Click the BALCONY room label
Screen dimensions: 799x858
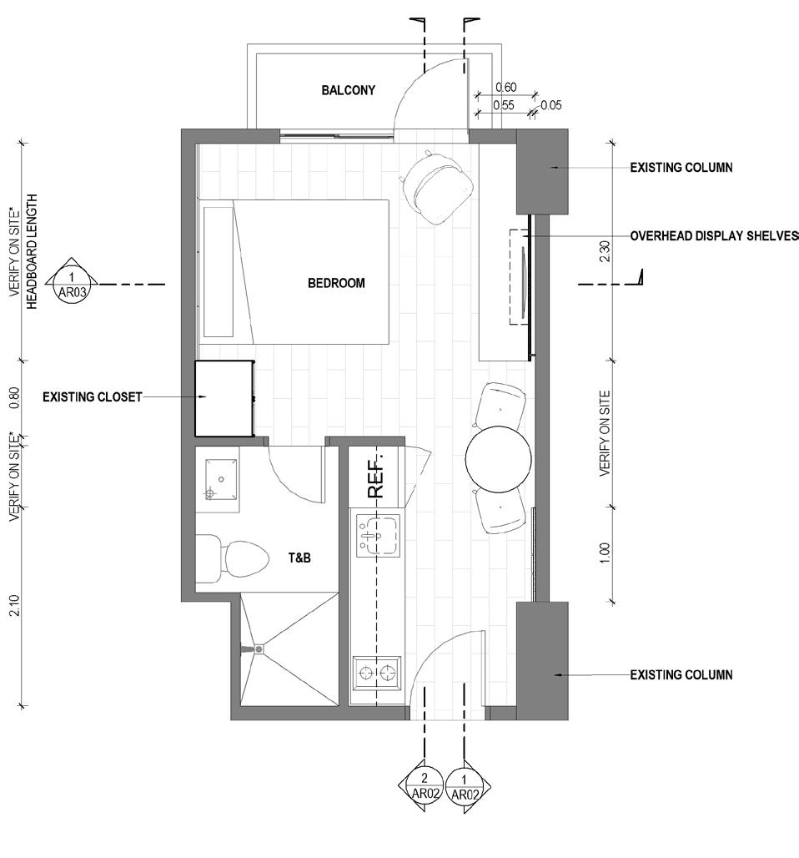coord(349,90)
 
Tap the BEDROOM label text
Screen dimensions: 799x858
coord(336,283)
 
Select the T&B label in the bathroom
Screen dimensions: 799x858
coord(299,558)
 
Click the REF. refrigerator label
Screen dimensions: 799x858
coord(375,475)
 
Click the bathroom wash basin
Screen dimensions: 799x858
coord(221,479)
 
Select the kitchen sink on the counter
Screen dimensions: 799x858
coord(378,536)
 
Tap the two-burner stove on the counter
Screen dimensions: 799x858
coord(377,673)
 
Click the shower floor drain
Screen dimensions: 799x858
coord(259,649)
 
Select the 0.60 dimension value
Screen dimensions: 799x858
coord(506,88)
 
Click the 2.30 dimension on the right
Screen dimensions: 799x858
coord(605,251)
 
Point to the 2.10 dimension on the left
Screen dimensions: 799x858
coord(15,605)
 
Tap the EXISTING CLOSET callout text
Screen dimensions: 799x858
coord(93,396)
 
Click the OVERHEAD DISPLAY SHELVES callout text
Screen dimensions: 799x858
coord(714,236)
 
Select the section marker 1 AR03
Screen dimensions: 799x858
coord(73,285)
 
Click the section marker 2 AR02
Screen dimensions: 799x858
coord(425,786)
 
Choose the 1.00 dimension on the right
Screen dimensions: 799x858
coord(605,553)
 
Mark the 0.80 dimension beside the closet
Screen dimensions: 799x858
coord(15,398)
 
